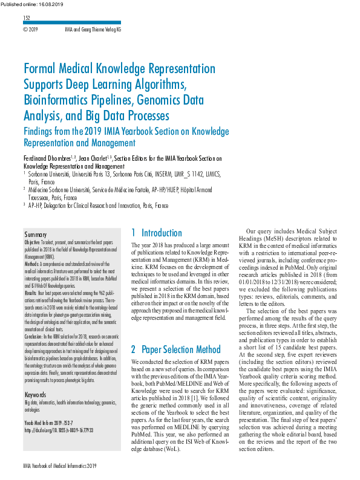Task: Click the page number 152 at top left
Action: pos(27,19)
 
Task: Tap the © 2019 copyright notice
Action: pos(30,29)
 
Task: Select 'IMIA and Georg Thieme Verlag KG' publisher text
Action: pos(93,29)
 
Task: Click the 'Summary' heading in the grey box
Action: pos(35,234)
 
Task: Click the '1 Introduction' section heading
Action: pos(156,233)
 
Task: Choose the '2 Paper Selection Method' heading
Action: pos(175,349)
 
